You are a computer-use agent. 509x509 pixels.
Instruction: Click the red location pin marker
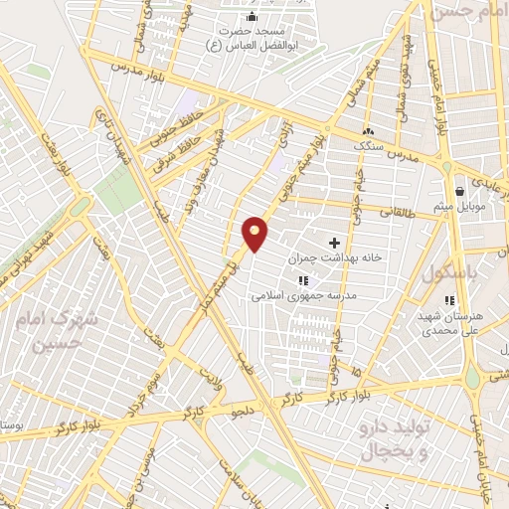[255, 233]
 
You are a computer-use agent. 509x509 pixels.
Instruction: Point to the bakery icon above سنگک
[368, 130]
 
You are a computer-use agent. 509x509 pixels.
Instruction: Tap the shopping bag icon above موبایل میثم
[458, 191]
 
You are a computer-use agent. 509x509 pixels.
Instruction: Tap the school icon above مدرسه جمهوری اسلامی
[302, 280]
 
